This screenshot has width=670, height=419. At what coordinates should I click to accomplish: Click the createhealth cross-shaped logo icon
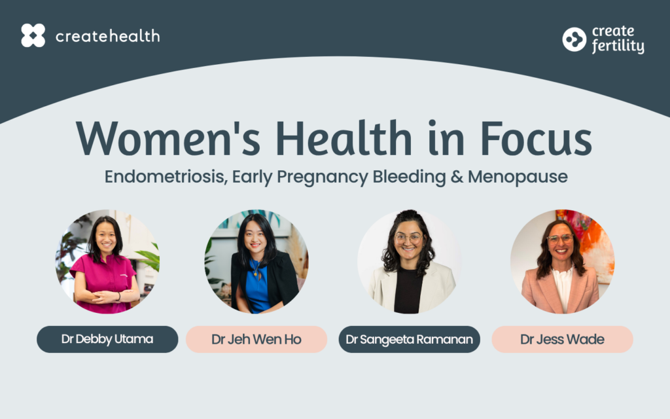click(x=33, y=35)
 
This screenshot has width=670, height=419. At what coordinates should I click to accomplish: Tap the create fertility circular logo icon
click(x=574, y=39)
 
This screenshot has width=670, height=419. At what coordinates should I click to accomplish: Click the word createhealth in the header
click(x=108, y=36)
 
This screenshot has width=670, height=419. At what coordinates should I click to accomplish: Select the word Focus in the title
click(x=537, y=139)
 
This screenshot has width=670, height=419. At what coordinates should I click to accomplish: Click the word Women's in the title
click(x=168, y=139)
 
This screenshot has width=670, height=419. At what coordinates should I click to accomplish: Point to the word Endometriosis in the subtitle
click(x=166, y=177)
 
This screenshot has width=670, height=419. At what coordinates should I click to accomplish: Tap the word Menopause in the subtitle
click(x=518, y=177)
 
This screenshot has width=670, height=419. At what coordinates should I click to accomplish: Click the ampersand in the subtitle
click(x=457, y=177)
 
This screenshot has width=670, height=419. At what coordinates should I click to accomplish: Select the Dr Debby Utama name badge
click(x=107, y=340)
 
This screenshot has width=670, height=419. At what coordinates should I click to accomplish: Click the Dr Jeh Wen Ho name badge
click(x=256, y=340)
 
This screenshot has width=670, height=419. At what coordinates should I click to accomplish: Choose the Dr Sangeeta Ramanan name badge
click(x=410, y=340)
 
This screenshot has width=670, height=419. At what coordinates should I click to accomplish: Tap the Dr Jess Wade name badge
click(x=562, y=340)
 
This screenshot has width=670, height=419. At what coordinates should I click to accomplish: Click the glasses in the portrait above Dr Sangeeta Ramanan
click(x=408, y=238)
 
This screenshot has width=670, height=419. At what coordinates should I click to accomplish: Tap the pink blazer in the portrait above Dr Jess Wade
click(x=561, y=291)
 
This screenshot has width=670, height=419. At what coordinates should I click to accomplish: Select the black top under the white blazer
click(x=408, y=291)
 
